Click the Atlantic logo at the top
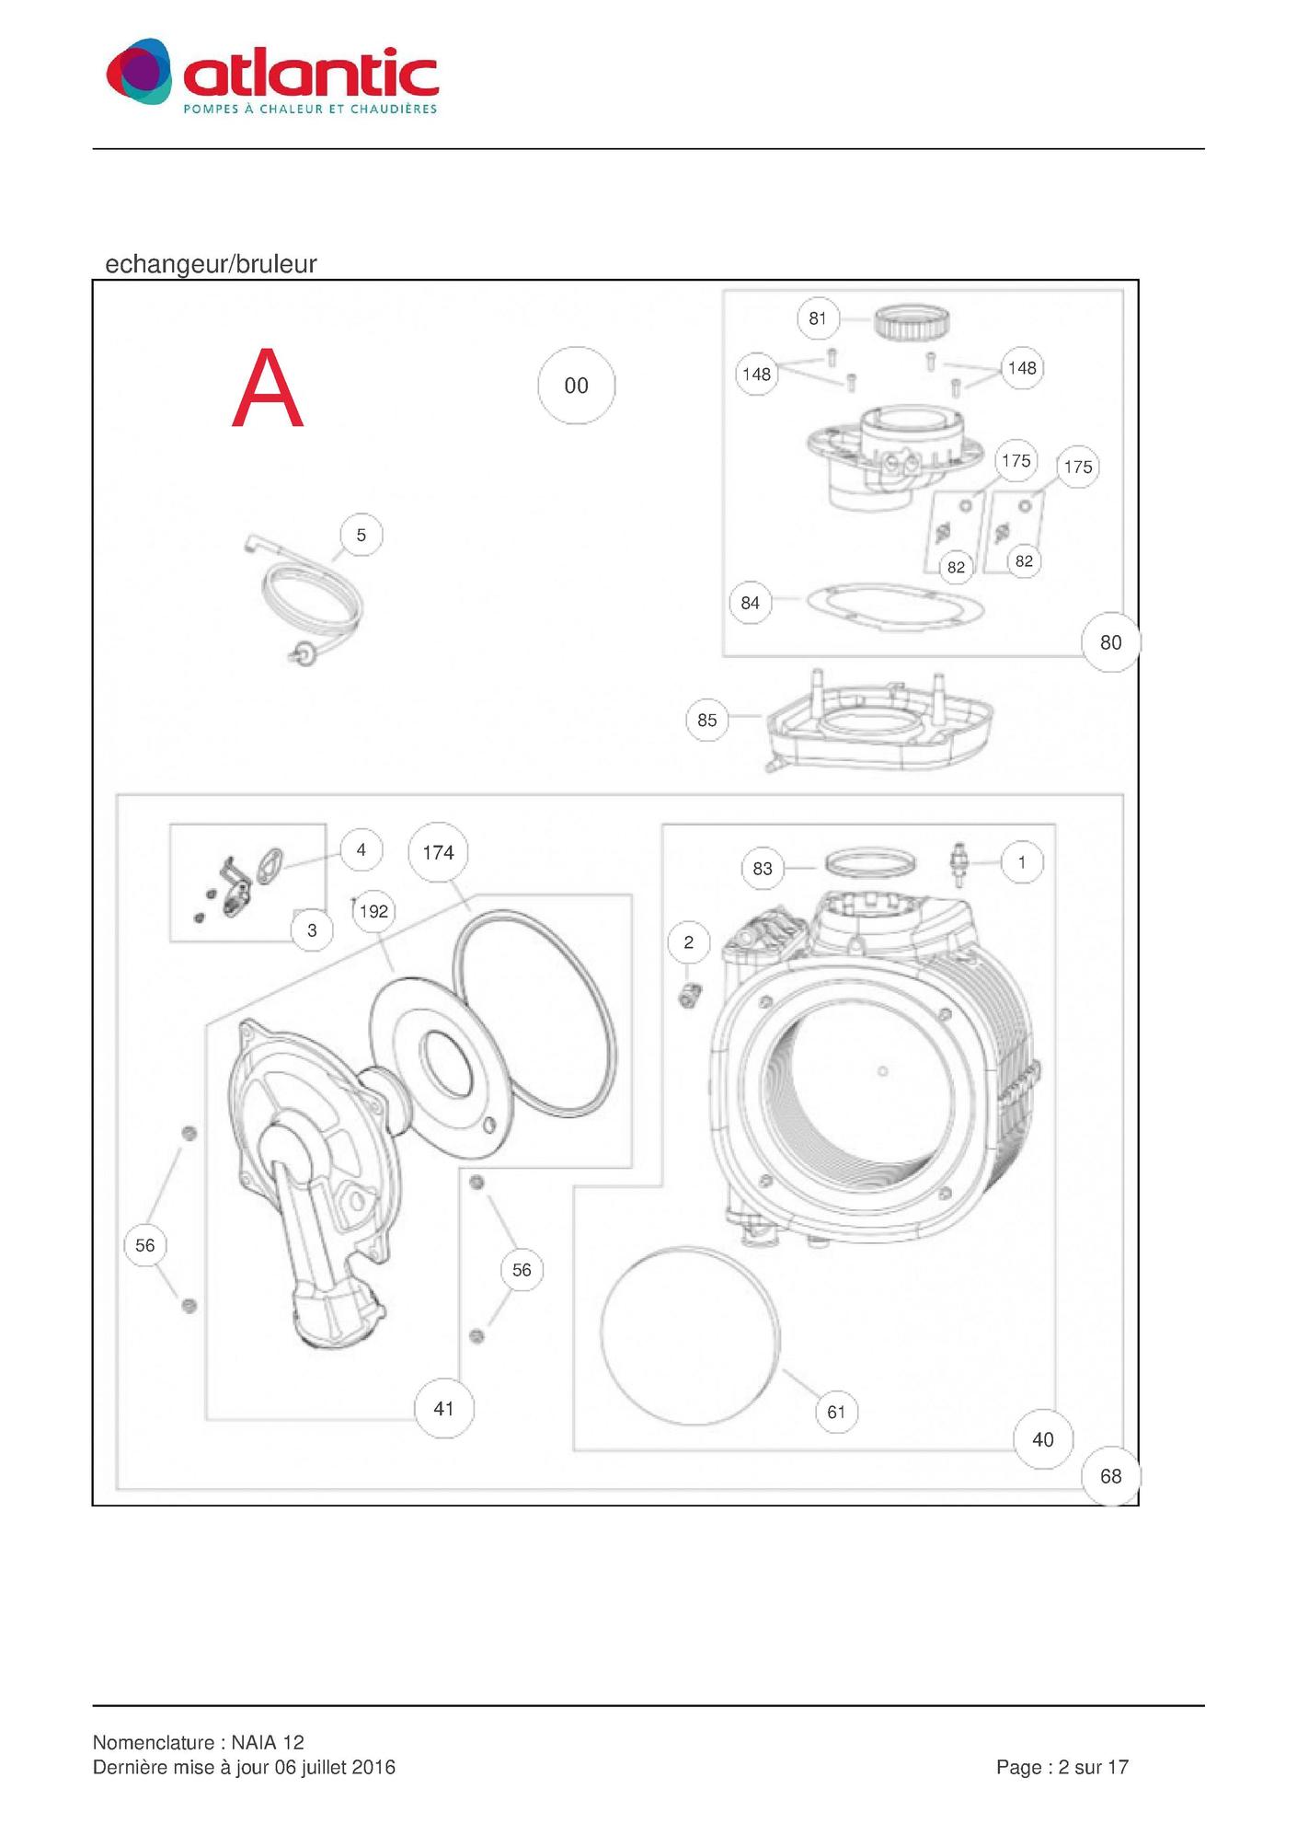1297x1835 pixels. click(x=272, y=76)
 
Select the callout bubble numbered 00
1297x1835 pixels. click(x=576, y=386)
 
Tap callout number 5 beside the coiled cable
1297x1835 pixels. click(x=361, y=535)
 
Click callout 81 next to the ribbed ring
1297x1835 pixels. click(x=818, y=318)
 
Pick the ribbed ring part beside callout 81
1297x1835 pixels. click(x=911, y=322)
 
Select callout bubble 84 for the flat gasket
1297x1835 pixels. click(x=750, y=603)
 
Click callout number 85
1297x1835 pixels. click(x=706, y=720)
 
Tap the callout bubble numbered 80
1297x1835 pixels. click(x=1110, y=642)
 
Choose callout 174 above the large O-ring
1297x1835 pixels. click(x=438, y=852)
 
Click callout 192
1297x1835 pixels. click(x=373, y=911)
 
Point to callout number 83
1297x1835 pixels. click(x=763, y=868)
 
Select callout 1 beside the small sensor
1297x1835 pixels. click(x=1021, y=862)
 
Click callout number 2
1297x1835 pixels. click(x=688, y=941)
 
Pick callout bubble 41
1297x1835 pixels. click(x=443, y=1408)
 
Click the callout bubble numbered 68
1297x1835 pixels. click(x=1110, y=1476)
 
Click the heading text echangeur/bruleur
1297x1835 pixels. click(x=211, y=264)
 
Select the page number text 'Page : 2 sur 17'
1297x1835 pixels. click(x=1062, y=1766)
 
